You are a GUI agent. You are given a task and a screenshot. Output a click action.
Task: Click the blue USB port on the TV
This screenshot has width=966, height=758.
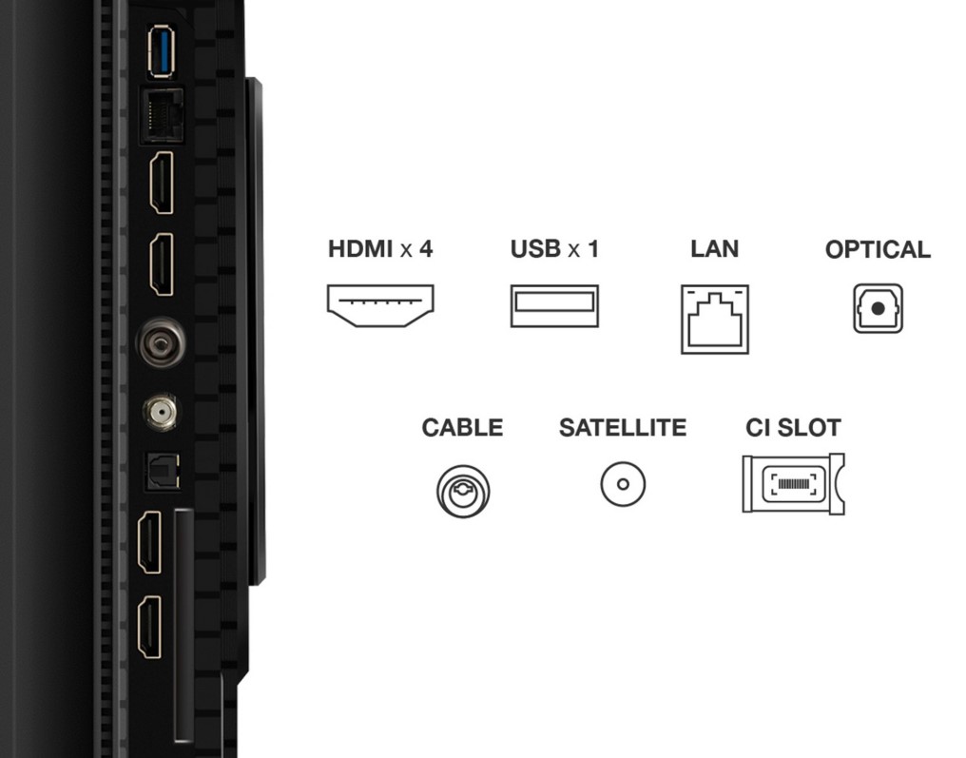point(161,51)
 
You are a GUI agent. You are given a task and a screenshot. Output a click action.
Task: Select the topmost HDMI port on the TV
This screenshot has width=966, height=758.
point(162,183)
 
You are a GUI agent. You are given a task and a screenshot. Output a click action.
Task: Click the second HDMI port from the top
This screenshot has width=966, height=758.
point(162,265)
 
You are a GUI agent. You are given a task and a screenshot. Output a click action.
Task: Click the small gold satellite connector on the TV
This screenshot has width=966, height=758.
point(161,411)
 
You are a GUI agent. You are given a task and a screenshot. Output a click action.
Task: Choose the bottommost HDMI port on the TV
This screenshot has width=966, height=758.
point(149,628)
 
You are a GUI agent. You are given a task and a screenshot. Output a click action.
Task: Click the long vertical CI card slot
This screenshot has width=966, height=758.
point(184,625)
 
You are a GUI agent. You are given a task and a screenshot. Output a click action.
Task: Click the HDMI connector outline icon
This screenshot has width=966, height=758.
point(380,305)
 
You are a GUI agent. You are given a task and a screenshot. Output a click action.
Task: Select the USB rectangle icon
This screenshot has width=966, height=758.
point(554,305)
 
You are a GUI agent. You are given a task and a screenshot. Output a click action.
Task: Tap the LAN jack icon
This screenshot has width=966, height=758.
point(715,320)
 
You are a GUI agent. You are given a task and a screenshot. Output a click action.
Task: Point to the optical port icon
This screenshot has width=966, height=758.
point(878,308)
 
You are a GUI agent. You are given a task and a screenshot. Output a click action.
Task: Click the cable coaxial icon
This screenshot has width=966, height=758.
point(463,491)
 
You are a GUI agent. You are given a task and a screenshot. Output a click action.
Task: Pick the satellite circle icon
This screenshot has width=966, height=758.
point(623,484)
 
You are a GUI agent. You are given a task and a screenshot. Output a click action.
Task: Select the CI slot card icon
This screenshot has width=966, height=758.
point(794,484)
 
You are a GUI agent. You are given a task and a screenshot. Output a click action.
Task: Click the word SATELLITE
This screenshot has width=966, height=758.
point(622,428)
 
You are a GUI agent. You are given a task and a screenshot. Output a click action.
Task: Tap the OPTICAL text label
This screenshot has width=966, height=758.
point(878,249)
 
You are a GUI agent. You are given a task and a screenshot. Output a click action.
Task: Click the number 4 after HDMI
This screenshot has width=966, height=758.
point(426,249)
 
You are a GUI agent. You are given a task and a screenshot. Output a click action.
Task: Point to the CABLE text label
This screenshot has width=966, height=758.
point(462,428)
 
